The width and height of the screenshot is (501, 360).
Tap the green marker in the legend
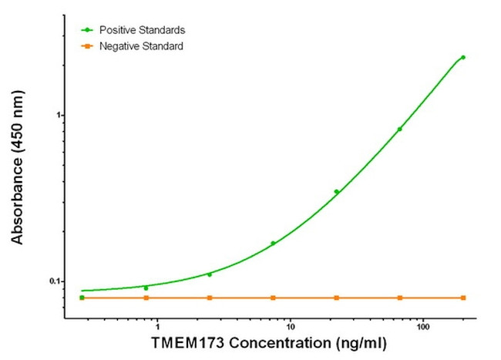pos(89,30)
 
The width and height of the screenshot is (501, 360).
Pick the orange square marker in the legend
pos(89,47)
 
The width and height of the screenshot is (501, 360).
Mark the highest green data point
pos(463,57)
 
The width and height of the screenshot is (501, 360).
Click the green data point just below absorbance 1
pos(399,129)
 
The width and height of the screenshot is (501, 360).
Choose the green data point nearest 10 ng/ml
pos(273,243)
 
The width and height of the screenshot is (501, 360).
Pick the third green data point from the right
pos(336,191)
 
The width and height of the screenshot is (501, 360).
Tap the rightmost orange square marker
pos(463,298)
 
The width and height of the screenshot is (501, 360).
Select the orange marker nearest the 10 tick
pos(273,298)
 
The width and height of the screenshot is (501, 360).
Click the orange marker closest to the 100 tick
pos(399,298)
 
